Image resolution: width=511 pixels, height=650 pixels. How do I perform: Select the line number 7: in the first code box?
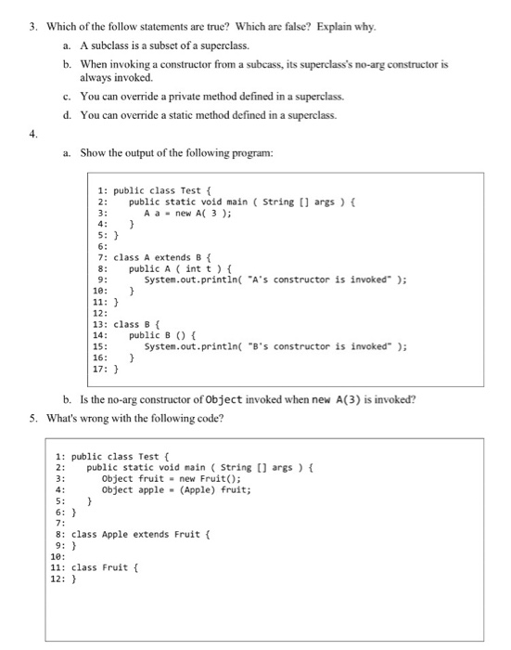coord(103,256)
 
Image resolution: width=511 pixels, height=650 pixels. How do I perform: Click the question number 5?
coord(33,419)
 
